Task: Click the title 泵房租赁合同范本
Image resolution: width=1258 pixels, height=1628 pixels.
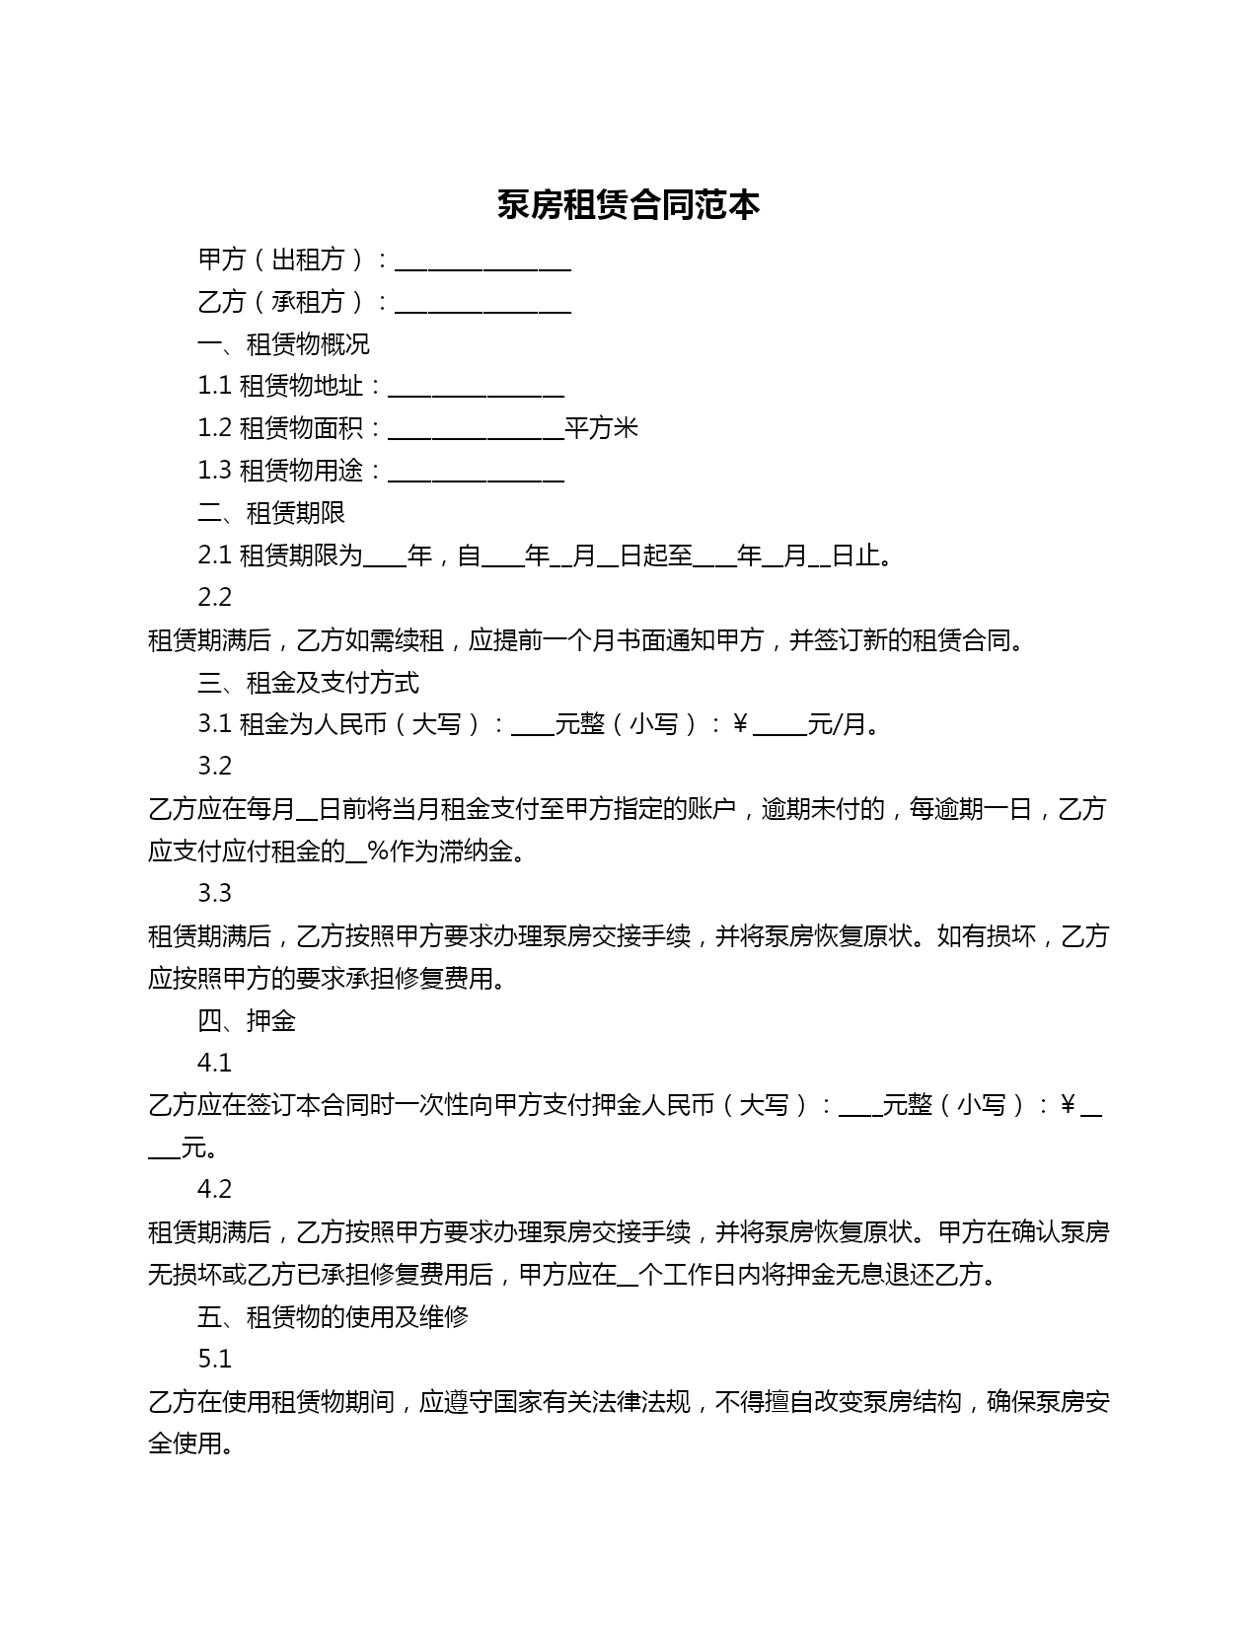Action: pyautogui.click(x=629, y=205)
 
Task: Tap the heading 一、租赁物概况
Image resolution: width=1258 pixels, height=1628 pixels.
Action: pyautogui.click(x=283, y=344)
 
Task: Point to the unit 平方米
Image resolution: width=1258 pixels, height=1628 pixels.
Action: pyautogui.click(x=602, y=428)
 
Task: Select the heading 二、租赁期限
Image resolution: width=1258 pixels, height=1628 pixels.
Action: pyautogui.click(x=271, y=513)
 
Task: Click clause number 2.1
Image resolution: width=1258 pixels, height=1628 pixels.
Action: pyautogui.click(x=214, y=555)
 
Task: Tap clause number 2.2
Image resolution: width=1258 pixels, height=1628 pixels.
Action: pyautogui.click(x=214, y=598)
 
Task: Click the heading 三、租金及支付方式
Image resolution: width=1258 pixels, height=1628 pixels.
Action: pyautogui.click(x=308, y=682)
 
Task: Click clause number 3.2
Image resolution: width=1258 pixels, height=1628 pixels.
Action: pyautogui.click(x=214, y=767)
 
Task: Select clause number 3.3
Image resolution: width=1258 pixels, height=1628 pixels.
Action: pyautogui.click(x=214, y=894)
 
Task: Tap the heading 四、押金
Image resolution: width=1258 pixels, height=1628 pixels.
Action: pyautogui.click(x=247, y=1021)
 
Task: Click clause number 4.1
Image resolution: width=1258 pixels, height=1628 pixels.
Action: pyautogui.click(x=214, y=1064)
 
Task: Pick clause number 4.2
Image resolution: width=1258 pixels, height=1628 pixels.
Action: pyautogui.click(x=214, y=1190)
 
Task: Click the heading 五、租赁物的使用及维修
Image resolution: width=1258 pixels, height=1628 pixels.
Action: pyautogui.click(x=333, y=1317)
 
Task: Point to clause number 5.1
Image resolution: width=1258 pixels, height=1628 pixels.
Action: pyautogui.click(x=214, y=1360)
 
